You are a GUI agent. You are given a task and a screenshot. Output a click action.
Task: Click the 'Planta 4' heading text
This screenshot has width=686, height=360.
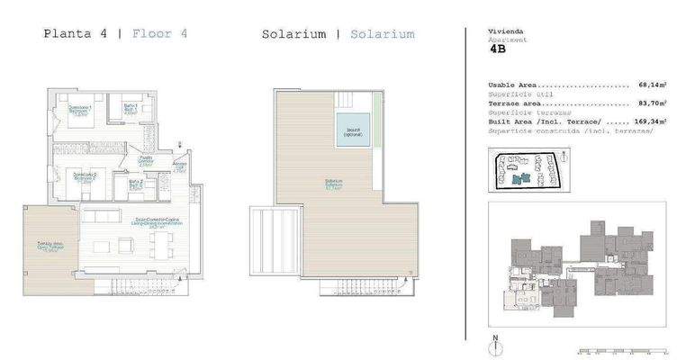tap(76, 34)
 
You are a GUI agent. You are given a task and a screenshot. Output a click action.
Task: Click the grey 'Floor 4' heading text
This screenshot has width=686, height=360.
tap(159, 34)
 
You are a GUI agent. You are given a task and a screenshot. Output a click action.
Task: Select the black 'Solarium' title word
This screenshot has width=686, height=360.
tap(293, 34)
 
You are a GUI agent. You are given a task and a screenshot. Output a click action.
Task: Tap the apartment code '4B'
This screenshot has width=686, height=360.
tap(497, 51)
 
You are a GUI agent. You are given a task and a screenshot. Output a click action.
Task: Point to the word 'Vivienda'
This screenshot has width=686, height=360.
tap(504, 31)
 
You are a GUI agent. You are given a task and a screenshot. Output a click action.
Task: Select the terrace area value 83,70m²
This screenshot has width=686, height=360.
tap(653, 103)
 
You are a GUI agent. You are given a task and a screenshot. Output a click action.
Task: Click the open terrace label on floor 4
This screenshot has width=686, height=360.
tap(50, 246)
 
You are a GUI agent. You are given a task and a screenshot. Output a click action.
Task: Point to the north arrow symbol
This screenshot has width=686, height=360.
tap(494, 344)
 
